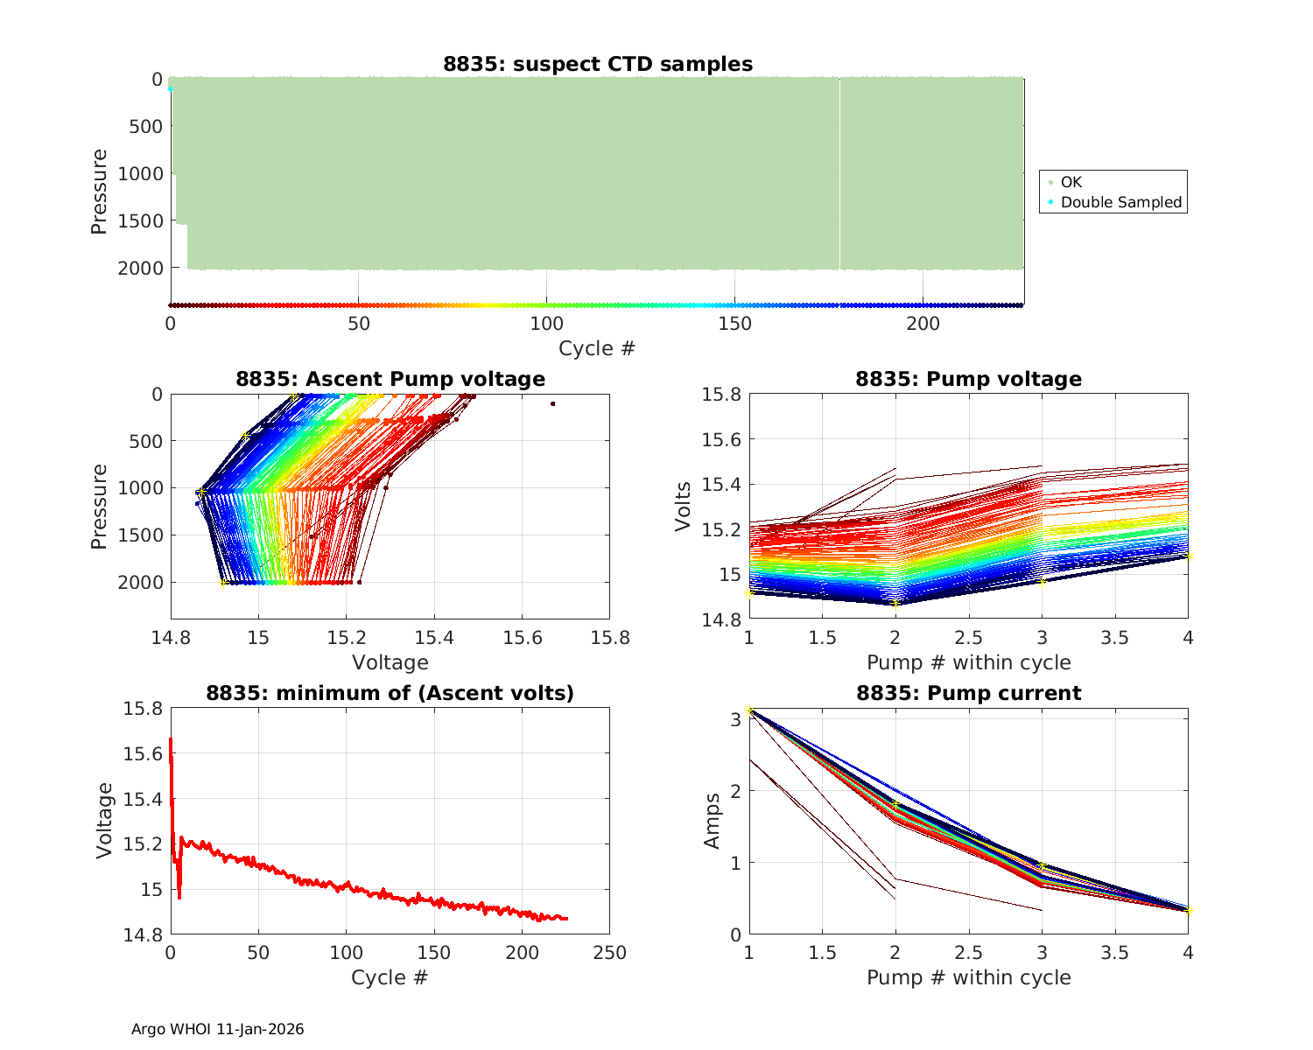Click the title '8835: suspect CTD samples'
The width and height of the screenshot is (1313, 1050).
click(x=597, y=64)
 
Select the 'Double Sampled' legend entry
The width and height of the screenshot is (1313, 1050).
click(x=1120, y=202)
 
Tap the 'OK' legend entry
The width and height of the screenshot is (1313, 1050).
click(x=1071, y=182)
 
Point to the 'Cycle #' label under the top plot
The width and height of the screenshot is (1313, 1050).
click(x=597, y=348)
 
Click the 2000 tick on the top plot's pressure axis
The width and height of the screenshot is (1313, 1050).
click(x=139, y=268)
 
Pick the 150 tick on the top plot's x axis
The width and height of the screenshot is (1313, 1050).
click(x=734, y=324)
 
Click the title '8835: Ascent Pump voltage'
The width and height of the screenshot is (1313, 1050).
click(x=390, y=379)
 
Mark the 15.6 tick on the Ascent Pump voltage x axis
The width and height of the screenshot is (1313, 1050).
click(x=522, y=638)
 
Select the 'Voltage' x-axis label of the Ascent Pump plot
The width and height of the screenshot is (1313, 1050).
click(x=390, y=662)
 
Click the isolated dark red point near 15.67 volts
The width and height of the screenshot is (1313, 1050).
click(x=553, y=403)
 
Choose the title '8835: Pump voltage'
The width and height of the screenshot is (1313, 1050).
click(x=968, y=379)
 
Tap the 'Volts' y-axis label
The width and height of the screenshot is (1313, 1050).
click(x=683, y=507)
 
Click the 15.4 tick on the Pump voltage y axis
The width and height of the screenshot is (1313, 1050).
click(x=722, y=485)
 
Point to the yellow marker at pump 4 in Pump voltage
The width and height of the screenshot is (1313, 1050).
click(x=1188, y=556)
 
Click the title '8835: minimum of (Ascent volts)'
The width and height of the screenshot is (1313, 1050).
click(x=390, y=693)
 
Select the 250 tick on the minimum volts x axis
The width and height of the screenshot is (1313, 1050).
click(x=609, y=953)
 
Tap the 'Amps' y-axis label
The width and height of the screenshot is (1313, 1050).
click(x=713, y=821)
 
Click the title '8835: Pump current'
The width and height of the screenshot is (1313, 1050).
click(x=968, y=693)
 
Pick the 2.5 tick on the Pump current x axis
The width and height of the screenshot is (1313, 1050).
click(x=968, y=953)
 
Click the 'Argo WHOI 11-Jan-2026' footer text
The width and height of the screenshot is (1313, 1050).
click(x=218, y=1029)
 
